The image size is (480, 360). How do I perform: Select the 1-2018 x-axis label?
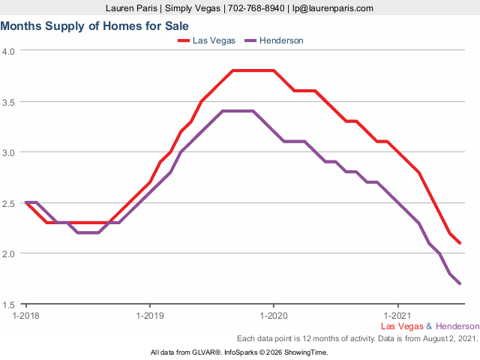(x=26, y=315)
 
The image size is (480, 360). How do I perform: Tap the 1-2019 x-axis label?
(x=150, y=315)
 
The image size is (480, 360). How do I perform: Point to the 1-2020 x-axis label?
(x=273, y=315)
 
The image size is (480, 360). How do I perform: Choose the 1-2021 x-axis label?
(x=397, y=315)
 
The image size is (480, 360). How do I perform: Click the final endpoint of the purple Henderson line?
(x=460, y=283)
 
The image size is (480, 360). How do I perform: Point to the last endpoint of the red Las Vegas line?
(x=460, y=243)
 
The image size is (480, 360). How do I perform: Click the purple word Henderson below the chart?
(x=457, y=326)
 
